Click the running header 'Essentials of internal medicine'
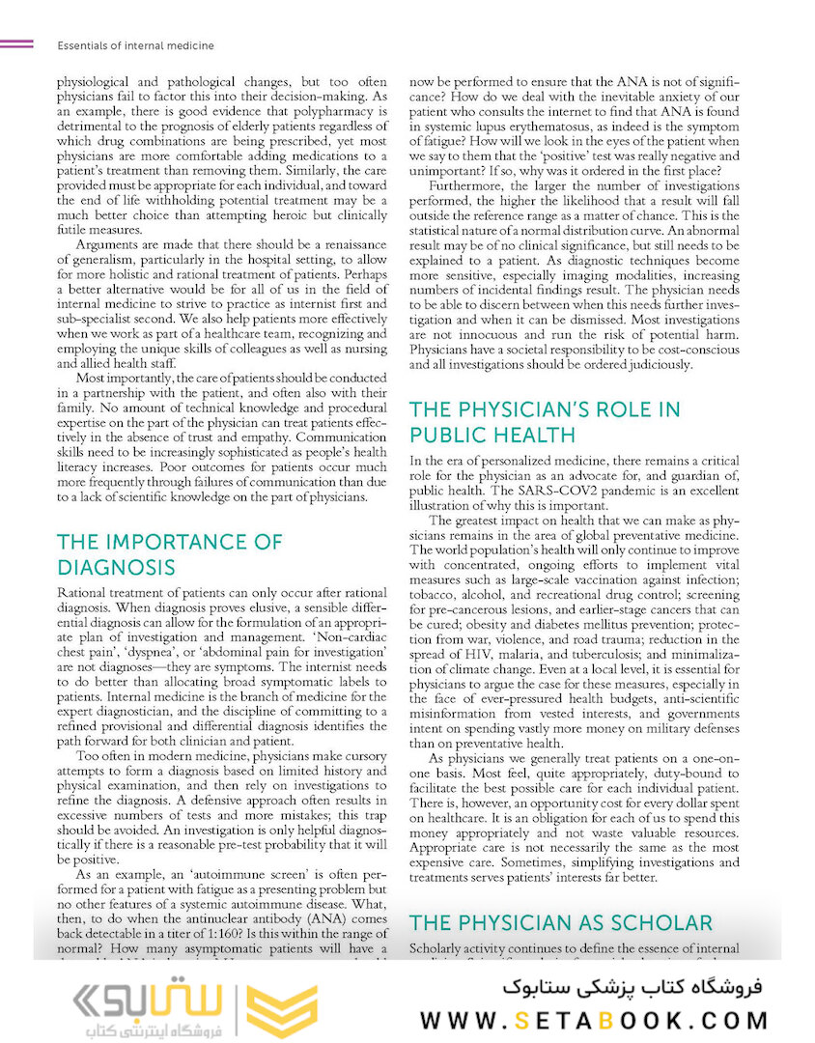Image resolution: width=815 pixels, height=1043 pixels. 136,45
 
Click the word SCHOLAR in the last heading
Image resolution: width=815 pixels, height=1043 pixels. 658,922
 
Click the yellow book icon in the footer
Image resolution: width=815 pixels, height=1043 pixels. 281,1011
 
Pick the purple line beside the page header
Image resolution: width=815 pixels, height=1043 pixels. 17,44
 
